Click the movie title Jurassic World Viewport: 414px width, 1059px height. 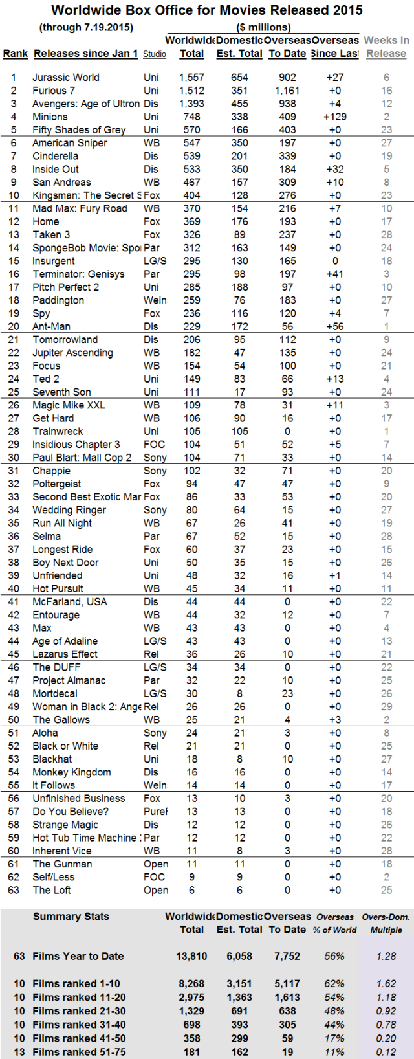[66, 78]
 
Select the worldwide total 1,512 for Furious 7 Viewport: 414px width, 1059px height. [191, 91]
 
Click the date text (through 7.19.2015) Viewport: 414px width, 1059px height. [86, 27]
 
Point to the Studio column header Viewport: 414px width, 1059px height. [155, 54]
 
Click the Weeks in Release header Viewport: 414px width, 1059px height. [386, 47]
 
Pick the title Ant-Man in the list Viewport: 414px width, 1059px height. [52, 327]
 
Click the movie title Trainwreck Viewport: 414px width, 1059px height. [58, 432]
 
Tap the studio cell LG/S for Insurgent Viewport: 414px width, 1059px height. [155, 262]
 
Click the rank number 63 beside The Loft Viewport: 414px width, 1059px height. [14, 891]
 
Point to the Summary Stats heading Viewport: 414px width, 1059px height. [71, 917]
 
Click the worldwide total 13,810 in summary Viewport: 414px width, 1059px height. [191, 957]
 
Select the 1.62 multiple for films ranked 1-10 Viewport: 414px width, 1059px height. [386, 984]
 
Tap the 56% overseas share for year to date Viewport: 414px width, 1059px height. [334, 957]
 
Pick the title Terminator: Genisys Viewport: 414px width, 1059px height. [78, 274]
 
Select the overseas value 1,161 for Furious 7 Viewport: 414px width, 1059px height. [287, 91]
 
